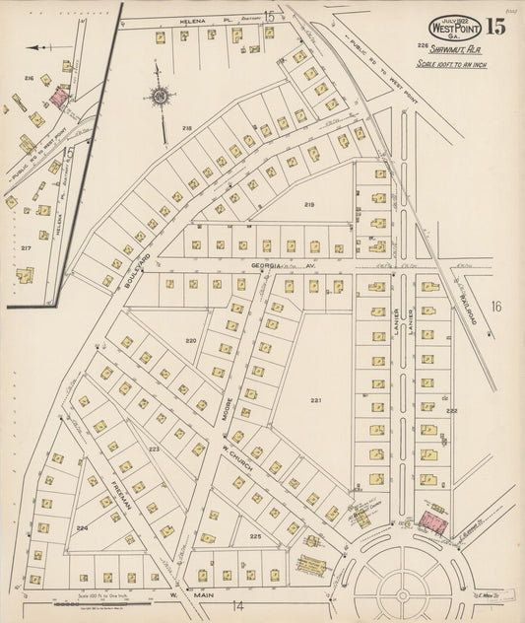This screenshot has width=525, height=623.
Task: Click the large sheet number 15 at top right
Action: click(x=495, y=27)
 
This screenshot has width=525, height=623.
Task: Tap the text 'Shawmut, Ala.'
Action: click(x=453, y=48)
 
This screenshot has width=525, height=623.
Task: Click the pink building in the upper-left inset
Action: click(x=60, y=97)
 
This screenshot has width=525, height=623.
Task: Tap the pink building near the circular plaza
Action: click(x=432, y=523)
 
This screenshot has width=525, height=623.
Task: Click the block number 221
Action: click(x=315, y=400)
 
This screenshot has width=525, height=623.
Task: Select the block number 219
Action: click(x=308, y=204)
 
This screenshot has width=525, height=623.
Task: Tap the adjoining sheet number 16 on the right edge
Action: click(x=496, y=307)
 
